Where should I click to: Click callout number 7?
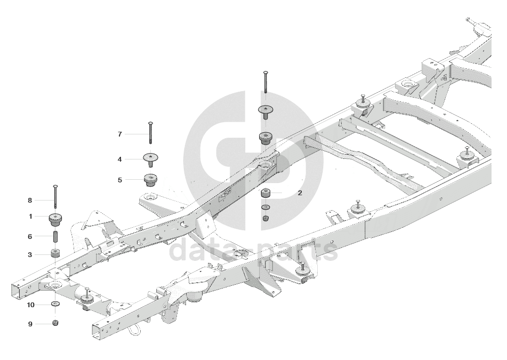120,134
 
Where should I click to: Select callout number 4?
120,159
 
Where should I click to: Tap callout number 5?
120,180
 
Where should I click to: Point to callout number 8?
30,201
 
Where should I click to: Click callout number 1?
30,217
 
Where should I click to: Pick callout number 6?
30,236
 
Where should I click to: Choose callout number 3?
30,255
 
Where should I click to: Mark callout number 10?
31,305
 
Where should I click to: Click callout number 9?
30,323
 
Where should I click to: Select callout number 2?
300,193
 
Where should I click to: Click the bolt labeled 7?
151,133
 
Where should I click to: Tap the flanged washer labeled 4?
151,158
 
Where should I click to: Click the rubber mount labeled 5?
151,179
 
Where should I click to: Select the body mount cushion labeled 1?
55,218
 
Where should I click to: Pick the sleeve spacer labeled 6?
55,236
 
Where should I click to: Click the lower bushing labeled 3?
55,252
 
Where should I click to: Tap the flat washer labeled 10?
55,304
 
